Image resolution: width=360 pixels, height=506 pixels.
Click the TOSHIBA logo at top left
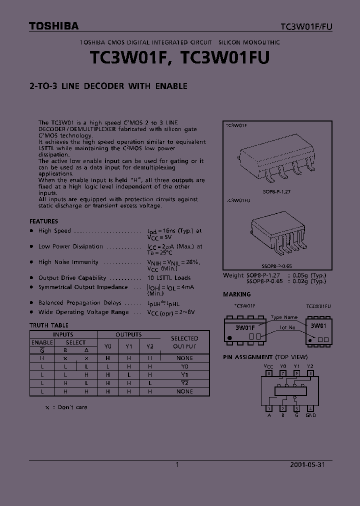click(x=53, y=26)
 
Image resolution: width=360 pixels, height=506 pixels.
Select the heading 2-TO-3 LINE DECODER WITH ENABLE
click(x=108, y=86)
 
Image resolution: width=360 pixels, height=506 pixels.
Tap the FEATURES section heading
click(x=43, y=221)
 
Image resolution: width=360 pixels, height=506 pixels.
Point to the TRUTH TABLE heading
click(x=49, y=325)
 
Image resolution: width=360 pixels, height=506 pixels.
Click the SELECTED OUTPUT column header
click(x=184, y=342)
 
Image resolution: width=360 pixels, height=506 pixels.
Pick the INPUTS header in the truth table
click(x=63, y=334)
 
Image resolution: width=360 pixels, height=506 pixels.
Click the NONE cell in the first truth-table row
click(x=184, y=358)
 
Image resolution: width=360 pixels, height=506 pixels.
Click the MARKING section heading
click(x=236, y=294)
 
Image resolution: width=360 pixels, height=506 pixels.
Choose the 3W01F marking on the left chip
click(x=245, y=327)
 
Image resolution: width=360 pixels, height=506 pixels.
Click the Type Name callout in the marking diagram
click(x=284, y=317)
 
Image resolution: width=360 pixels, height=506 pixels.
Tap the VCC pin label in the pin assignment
click(x=268, y=366)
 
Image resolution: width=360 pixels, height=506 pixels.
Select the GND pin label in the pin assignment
click(x=310, y=415)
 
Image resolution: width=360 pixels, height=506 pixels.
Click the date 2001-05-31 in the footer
click(x=307, y=464)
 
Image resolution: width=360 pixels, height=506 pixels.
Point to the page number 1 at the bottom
click(x=177, y=464)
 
